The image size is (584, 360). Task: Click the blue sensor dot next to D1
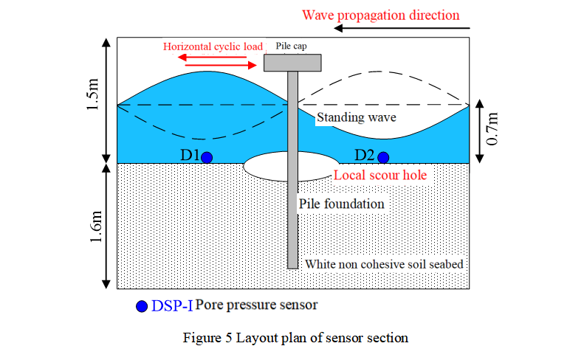point(207,157)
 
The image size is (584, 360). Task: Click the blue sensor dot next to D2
point(383,157)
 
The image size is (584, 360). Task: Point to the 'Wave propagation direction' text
point(380,15)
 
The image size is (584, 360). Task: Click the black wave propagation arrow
point(402,30)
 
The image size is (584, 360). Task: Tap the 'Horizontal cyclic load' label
point(213,46)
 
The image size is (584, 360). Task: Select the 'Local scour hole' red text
point(380,176)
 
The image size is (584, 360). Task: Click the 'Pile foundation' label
point(341,203)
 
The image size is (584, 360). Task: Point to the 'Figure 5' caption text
point(295,338)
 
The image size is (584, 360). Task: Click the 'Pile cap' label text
point(289,46)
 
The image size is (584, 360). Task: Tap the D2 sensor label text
point(365,156)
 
